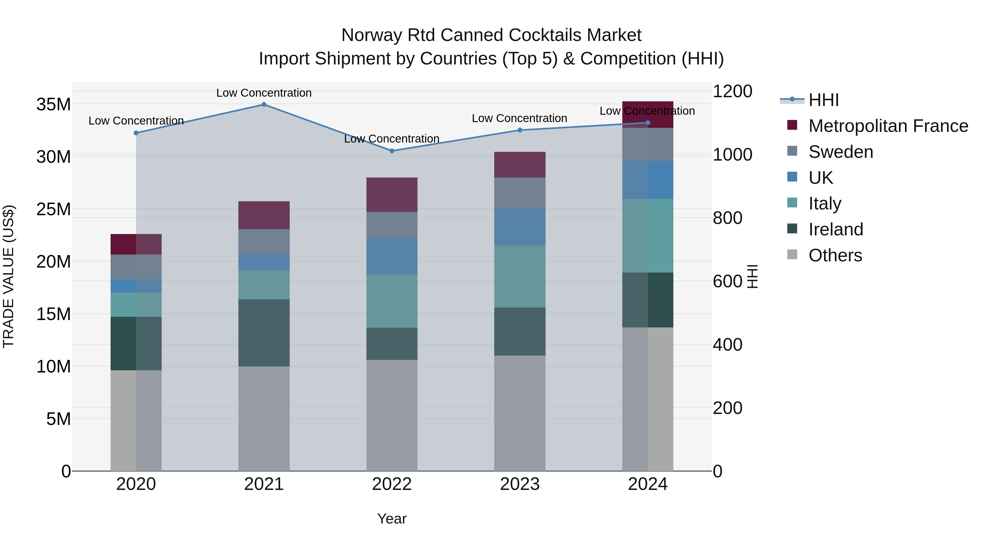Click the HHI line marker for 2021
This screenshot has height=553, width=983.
coord(264,104)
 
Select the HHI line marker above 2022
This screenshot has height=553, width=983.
coord(392,151)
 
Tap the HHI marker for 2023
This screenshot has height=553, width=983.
coord(519,130)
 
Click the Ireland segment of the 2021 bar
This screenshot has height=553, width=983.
coord(264,333)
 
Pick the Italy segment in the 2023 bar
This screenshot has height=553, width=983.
coord(519,276)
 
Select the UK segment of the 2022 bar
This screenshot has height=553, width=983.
coord(392,256)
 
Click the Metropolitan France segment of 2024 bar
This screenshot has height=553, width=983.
coord(648,114)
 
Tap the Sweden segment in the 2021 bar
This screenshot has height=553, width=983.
coord(264,241)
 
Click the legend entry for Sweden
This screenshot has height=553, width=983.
coord(841,152)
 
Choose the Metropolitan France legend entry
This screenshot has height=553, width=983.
coord(888,126)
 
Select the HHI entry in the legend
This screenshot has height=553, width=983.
coord(824,100)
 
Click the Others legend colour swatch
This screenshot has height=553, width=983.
coord(792,255)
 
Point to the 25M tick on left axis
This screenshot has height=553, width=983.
coord(54,209)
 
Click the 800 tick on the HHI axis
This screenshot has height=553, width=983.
coord(727,218)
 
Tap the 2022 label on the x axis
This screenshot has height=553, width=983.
coord(392,484)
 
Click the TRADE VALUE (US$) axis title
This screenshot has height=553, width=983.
coord(8,276)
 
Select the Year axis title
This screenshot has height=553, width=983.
coord(392,519)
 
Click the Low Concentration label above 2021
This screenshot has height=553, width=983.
coord(264,93)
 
